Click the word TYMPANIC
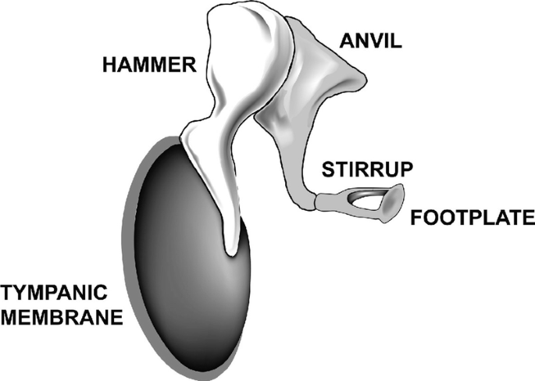click(x=53, y=294)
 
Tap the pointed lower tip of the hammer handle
click(x=232, y=251)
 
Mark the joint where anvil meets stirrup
click(x=316, y=203)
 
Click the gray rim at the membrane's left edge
click(x=130, y=234)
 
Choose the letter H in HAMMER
click(x=105, y=66)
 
